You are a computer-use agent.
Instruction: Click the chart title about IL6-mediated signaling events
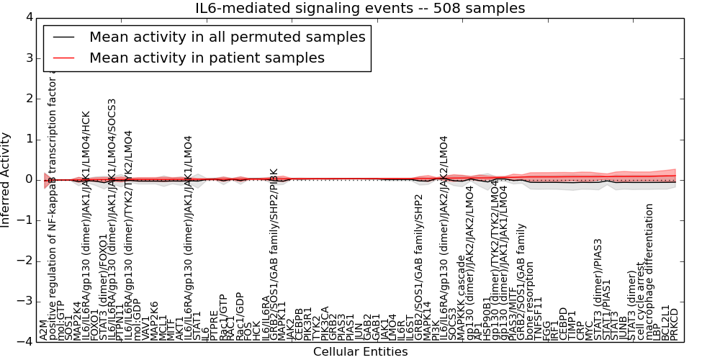click(x=360, y=8)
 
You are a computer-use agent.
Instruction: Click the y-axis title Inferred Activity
click(x=6, y=180)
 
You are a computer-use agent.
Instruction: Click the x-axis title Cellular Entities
click(x=360, y=352)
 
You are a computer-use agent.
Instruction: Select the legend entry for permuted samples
click(x=227, y=37)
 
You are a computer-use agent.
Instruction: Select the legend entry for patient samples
click(x=207, y=58)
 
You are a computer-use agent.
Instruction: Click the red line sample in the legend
click(x=63, y=58)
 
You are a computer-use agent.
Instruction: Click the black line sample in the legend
click(x=63, y=37)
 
